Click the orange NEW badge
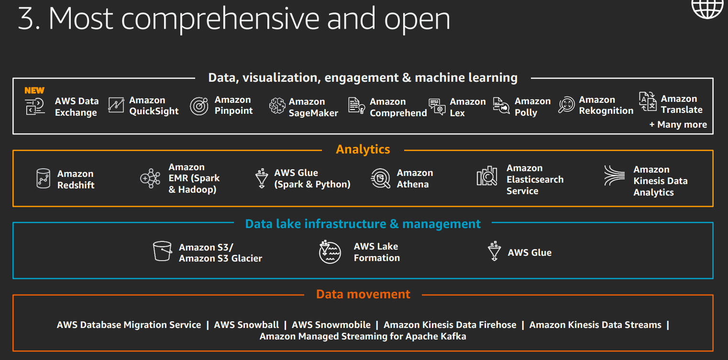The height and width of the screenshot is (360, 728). pos(34,90)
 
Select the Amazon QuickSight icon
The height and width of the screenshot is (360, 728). pos(116,105)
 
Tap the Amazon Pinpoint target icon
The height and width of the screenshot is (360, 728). pos(199,106)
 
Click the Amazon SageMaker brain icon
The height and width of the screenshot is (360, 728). pos(277,106)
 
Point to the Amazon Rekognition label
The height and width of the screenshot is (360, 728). pos(606,105)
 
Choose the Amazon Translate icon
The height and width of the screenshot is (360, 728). pos(648,102)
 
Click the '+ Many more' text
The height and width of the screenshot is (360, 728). pos(678,124)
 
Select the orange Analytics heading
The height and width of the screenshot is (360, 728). pos(363,150)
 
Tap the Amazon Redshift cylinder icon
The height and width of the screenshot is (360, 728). pos(43,178)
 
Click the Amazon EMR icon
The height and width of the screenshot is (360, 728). pos(150,178)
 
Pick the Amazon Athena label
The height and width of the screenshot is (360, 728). pos(415,178)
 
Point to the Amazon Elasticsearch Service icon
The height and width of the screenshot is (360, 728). pos(487,176)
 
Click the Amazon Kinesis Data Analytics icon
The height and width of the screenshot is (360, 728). pos(614,175)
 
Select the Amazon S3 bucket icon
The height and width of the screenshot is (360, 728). pos(162,251)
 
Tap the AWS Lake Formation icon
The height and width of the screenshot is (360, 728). pos(330,252)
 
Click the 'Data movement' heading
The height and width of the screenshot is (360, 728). pos(363,295)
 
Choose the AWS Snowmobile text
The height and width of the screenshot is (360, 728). pos(331,325)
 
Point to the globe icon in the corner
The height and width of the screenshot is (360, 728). pos(707,9)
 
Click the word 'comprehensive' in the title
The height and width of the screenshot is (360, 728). pos(221,20)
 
